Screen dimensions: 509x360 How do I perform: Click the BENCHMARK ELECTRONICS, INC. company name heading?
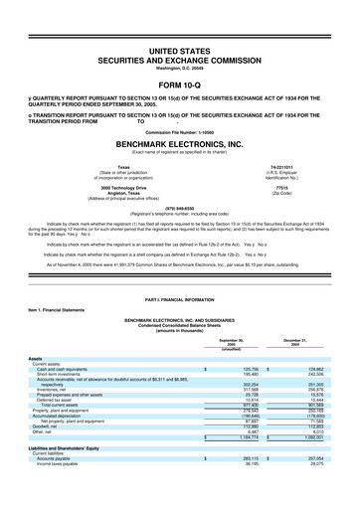(179, 142)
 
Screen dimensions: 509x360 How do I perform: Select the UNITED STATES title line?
(179, 48)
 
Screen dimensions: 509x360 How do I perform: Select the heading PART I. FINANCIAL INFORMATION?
(179, 298)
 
